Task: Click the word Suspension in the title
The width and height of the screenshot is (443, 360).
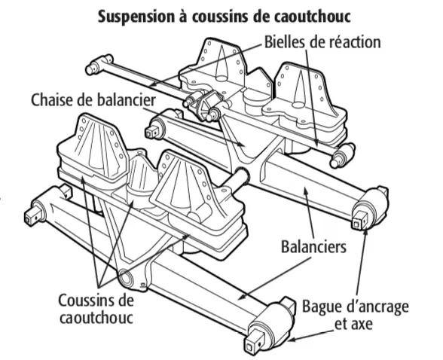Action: (136, 17)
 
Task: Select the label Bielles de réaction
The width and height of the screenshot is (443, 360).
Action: (322, 42)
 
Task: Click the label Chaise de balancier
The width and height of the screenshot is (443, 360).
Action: (93, 100)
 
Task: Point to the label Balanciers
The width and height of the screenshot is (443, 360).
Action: (313, 246)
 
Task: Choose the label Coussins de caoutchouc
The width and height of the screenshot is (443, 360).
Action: (96, 309)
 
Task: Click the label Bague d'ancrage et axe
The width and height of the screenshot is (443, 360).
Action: (356, 315)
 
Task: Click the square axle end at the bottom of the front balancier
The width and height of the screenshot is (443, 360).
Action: (251, 346)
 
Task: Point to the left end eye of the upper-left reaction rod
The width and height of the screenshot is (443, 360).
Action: (93, 68)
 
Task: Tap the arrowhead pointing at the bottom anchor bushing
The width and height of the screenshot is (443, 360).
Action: (292, 340)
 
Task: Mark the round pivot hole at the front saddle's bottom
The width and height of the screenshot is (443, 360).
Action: (126, 277)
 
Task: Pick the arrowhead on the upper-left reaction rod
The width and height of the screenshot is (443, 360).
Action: (152, 83)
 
